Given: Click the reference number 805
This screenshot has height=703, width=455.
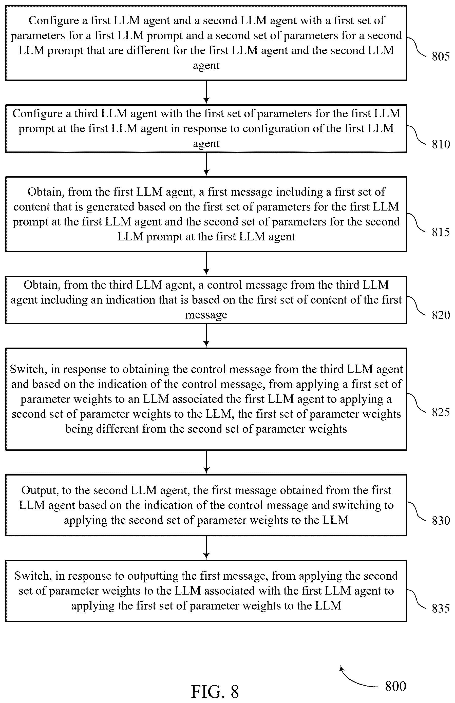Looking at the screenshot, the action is (441, 56).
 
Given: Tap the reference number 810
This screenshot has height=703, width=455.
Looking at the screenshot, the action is (441, 144).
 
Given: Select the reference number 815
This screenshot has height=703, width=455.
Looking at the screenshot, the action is (441, 232).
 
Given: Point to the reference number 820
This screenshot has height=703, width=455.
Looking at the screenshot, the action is (441, 315).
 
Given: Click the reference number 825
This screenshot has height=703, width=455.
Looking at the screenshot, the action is (441, 412).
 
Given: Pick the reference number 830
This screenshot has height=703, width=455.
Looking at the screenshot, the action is (441, 520).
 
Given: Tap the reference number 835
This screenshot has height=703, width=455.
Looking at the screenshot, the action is (441, 608).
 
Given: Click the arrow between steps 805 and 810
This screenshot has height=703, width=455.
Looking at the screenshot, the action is (206, 92).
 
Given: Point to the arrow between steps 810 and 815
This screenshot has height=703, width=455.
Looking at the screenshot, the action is (206, 164).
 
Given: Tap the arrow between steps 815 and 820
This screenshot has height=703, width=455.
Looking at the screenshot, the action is (206, 263).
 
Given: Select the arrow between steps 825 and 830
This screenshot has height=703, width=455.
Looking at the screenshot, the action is (206, 462).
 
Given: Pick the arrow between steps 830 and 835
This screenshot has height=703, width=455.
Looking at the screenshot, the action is (206, 548).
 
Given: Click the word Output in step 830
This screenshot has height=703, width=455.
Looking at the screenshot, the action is (40, 490).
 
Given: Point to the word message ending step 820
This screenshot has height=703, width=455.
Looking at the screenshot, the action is (206, 315).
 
